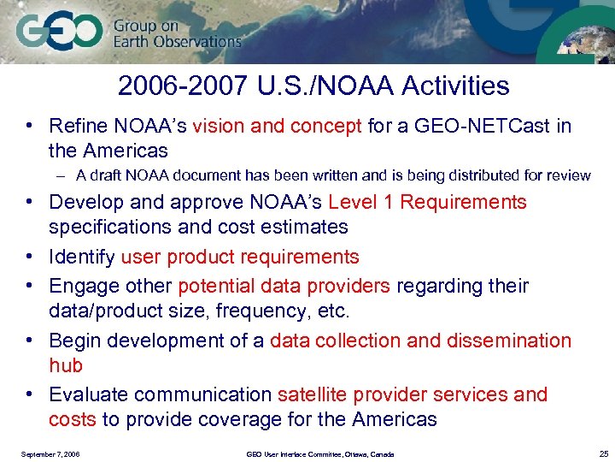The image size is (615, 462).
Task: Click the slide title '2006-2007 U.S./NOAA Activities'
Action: [313, 86]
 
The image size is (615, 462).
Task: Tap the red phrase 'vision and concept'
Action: [278, 127]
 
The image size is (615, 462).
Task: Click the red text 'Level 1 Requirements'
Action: [427, 202]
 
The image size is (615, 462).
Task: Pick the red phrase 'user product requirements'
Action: [240, 257]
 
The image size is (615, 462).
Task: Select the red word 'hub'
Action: [66, 365]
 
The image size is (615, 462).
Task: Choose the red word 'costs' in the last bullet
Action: [73, 419]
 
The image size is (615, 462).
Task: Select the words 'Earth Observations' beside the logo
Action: [177, 41]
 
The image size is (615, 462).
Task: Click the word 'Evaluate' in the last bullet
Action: [89, 394]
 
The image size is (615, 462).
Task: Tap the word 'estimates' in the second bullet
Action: [307, 227]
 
